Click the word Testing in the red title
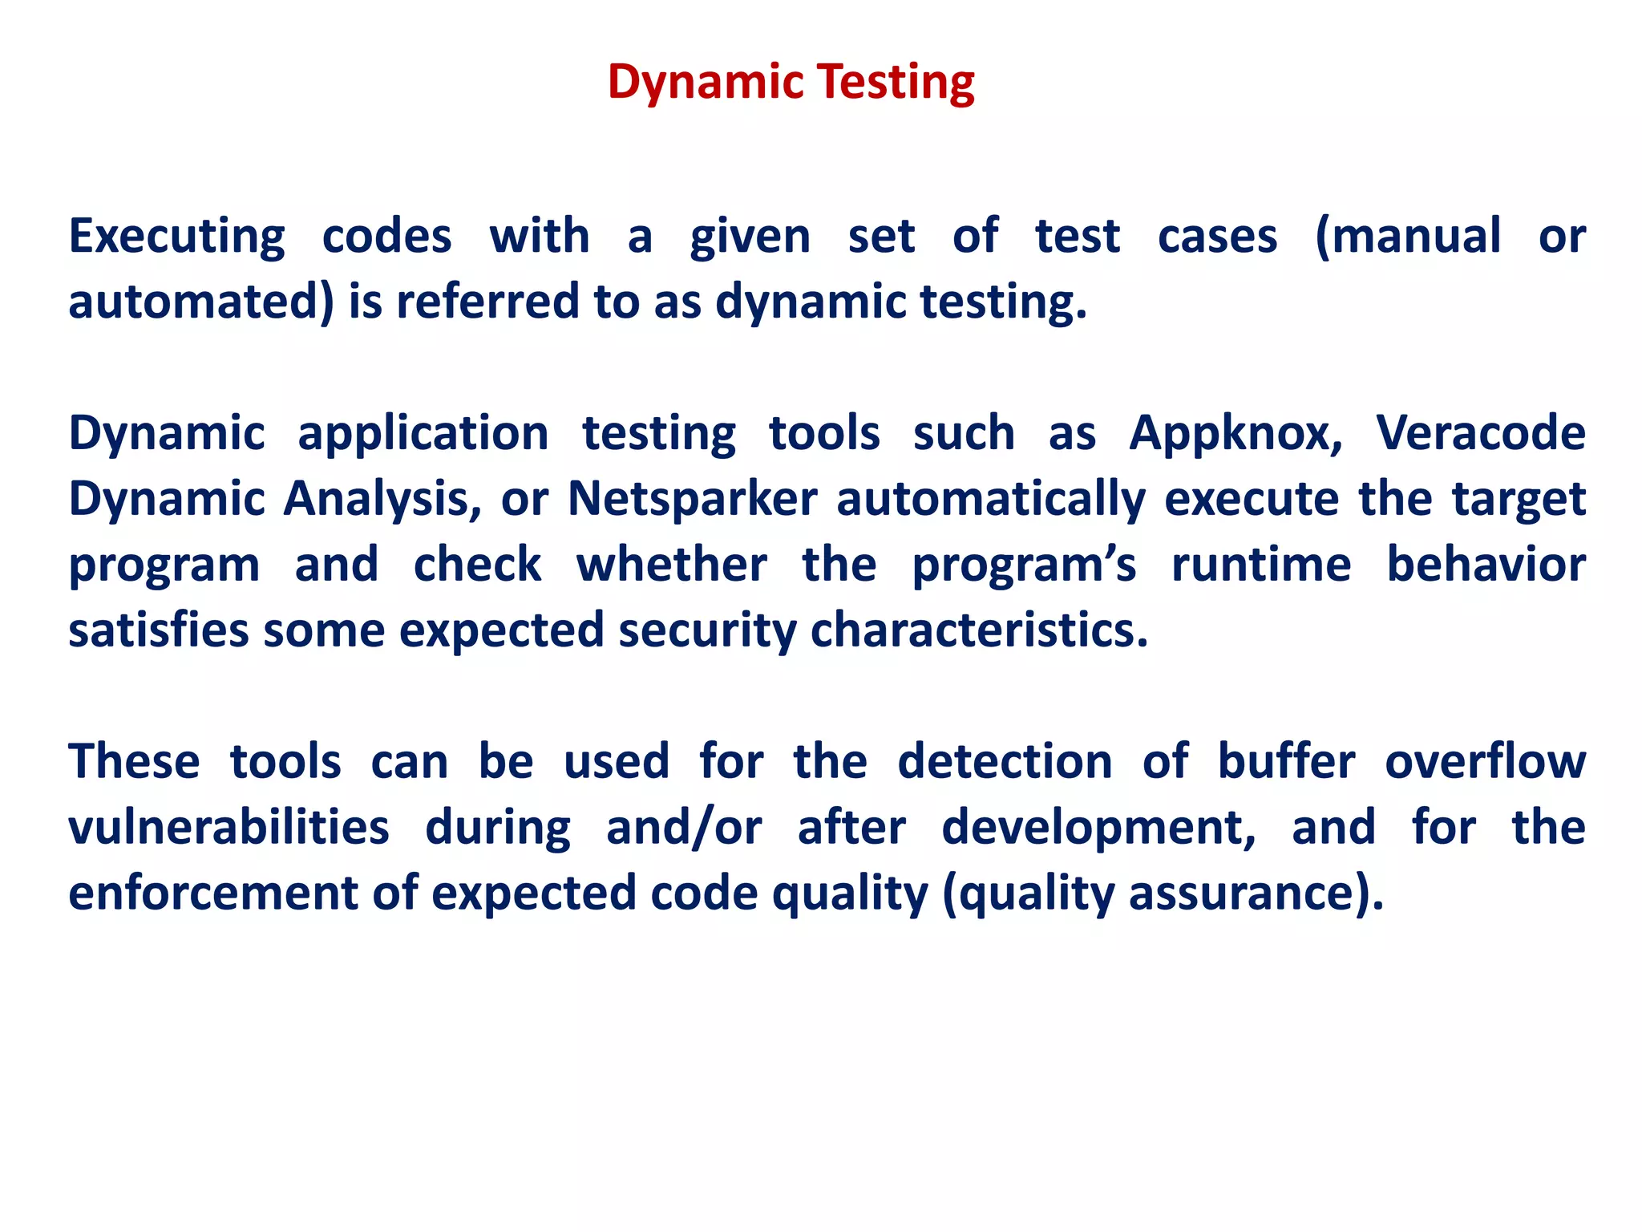click(x=896, y=83)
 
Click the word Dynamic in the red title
click(x=706, y=83)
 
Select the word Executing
click(x=176, y=237)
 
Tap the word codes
click(x=386, y=237)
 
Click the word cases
click(x=1217, y=237)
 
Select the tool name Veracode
click(x=1481, y=433)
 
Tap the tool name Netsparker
click(x=693, y=500)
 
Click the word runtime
click(x=1261, y=565)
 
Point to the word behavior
click(x=1486, y=565)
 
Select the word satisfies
click(x=158, y=630)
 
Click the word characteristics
click(x=978, y=630)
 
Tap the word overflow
click(x=1485, y=761)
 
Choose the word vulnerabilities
click(x=229, y=827)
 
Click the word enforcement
click(x=212, y=893)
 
